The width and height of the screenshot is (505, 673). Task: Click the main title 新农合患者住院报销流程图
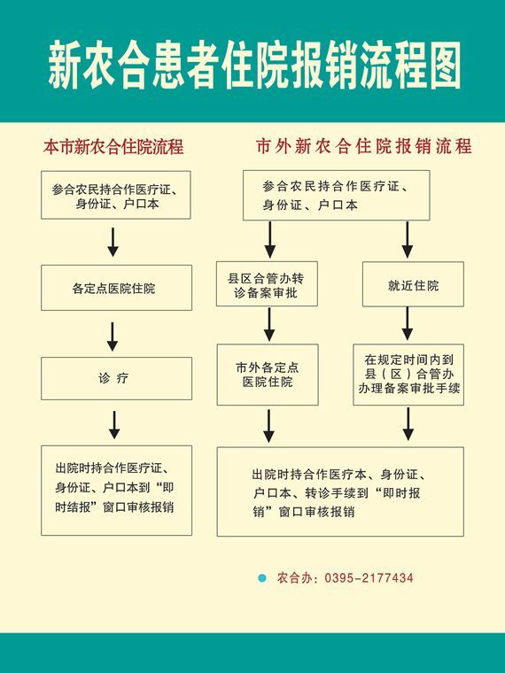254,65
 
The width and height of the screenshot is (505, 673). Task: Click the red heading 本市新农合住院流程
113,146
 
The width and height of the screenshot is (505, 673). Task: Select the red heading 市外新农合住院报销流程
364,146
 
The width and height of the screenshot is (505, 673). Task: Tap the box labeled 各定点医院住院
116,288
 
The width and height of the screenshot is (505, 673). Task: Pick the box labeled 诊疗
116,379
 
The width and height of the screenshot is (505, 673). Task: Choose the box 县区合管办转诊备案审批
267,283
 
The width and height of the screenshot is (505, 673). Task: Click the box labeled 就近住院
413,284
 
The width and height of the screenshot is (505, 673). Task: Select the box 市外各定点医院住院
268,375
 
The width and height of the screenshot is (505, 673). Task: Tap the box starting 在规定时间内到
408,375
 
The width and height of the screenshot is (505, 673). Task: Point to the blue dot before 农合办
262,578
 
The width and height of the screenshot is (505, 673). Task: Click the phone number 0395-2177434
369,578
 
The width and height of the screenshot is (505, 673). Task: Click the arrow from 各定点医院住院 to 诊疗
113,336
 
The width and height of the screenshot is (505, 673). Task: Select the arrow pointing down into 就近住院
408,240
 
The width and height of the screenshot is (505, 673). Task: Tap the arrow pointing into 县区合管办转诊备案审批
269,240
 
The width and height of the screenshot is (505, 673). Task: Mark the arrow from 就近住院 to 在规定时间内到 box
408,324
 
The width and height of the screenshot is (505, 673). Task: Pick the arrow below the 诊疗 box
113,425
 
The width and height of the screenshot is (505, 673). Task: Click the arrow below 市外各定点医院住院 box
268,426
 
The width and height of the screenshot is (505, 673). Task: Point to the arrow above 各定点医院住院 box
113,243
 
